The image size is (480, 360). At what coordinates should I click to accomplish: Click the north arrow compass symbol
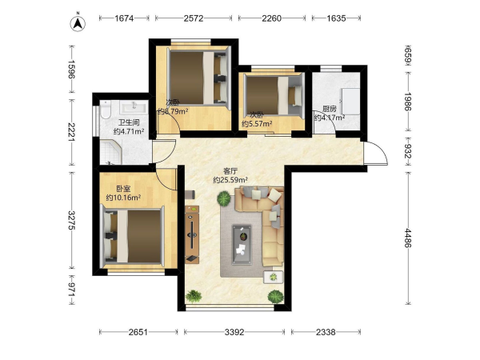tap(78, 23)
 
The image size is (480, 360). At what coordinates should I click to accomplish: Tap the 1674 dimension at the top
tap(124, 18)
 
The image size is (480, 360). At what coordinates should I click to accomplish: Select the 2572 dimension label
tap(194, 18)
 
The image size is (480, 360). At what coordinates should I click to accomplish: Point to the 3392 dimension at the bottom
tap(234, 332)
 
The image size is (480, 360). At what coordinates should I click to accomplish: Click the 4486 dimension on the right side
tap(408, 238)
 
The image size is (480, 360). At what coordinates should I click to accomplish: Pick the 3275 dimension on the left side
tap(72, 220)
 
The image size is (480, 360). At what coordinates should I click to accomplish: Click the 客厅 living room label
tap(230, 171)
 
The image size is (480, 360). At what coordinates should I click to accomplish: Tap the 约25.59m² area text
tap(230, 180)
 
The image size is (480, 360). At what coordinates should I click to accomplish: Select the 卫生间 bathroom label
tap(129, 122)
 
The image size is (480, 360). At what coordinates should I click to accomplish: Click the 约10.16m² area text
tap(123, 198)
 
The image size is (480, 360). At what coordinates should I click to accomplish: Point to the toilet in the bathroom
tap(105, 110)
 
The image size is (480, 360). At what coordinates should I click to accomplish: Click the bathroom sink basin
tap(134, 107)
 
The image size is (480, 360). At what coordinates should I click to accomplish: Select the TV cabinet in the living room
tap(192, 234)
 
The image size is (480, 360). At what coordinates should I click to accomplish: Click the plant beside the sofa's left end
tap(224, 198)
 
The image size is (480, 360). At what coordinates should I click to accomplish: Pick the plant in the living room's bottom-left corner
tap(194, 296)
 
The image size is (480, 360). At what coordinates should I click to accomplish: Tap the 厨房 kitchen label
tap(330, 109)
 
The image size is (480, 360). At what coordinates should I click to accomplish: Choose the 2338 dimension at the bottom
tap(326, 332)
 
